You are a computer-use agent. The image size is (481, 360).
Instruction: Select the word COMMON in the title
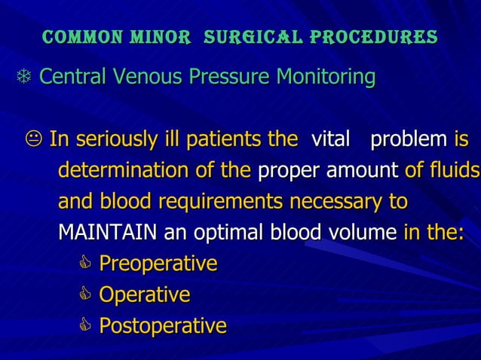[x=81, y=37]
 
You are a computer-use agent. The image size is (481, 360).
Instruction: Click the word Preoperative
[x=158, y=264]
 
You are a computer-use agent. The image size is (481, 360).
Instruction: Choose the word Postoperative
[x=163, y=326]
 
